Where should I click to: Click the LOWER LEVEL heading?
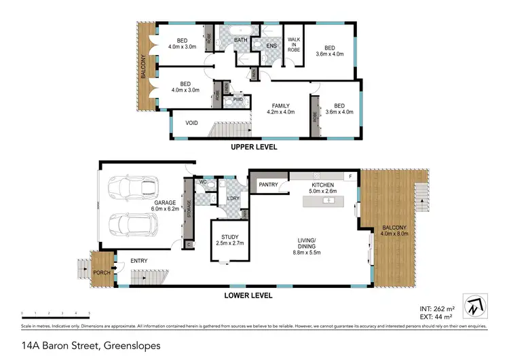(x=248, y=295)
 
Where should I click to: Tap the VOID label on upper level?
(x=192, y=123)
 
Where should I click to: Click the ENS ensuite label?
(x=271, y=46)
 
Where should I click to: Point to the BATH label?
(x=241, y=41)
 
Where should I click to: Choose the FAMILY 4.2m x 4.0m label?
(x=281, y=109)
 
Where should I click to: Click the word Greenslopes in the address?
(x=132, y=346)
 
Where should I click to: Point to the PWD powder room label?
(x=238, y=99)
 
